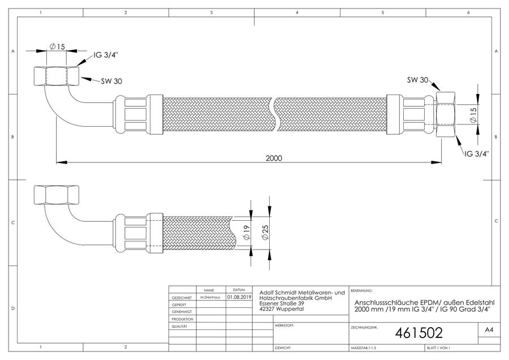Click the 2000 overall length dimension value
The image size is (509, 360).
(274, 158)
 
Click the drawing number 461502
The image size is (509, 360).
(419, 333)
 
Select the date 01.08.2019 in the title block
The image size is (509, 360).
(239, 297)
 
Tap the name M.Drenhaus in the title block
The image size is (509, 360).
(210, 297)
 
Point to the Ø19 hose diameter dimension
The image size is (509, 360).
(247, 232)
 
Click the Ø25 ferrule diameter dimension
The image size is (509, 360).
(265, 232)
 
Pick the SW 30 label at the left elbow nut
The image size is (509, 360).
(111, 82)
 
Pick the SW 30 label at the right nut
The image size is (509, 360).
(418, 80)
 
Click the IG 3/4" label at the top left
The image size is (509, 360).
(106, 55)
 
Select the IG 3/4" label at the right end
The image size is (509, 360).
(477, 154)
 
